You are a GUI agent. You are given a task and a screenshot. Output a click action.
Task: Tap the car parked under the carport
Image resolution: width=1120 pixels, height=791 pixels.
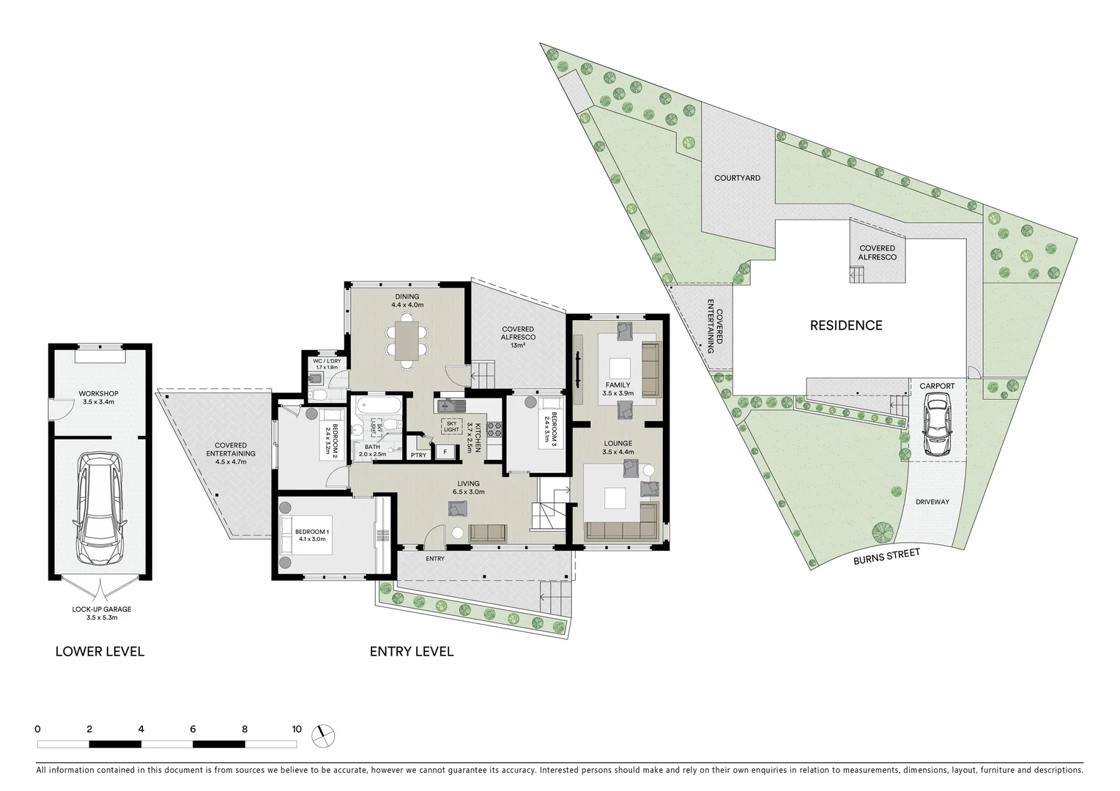pos(936,425)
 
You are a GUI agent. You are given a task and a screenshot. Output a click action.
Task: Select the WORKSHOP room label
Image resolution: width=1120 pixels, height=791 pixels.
pos(99,394)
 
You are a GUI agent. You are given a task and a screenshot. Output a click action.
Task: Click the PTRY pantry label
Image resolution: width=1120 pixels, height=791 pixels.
pos(418,456)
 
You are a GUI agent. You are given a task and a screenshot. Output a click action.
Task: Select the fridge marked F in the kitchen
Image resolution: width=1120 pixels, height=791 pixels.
pos(444,452)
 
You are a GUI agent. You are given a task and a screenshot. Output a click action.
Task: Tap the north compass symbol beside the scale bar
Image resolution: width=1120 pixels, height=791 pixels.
pos(322,736)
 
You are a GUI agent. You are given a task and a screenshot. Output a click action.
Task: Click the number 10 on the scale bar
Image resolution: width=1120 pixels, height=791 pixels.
pos(296,729)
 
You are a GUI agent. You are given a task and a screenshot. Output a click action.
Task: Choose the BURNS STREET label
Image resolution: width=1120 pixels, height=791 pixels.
pos(886,557)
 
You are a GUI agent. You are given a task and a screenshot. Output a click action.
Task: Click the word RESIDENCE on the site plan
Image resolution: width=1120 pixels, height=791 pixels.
pos(846,325)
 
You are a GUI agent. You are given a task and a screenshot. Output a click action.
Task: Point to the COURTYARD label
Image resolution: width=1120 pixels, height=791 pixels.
pos(737,178)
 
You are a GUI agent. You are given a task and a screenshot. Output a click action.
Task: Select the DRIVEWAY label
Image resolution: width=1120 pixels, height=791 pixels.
pos(932,502)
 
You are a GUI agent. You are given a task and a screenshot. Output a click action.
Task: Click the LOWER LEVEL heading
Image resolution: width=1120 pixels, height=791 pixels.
pos(100,651)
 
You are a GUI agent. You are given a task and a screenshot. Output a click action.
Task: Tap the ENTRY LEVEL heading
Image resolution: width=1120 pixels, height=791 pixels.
pos(411,651)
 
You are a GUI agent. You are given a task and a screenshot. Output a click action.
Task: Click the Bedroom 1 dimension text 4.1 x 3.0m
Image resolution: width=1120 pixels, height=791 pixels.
pos(312,539)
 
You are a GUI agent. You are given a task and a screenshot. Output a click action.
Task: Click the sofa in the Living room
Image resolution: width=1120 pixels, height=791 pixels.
pos(487,533)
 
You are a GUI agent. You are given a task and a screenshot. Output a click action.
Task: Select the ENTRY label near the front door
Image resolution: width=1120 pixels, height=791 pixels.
pos(435,559)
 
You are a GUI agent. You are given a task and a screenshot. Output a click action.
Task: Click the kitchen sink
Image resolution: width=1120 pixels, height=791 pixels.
pos(449,406)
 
